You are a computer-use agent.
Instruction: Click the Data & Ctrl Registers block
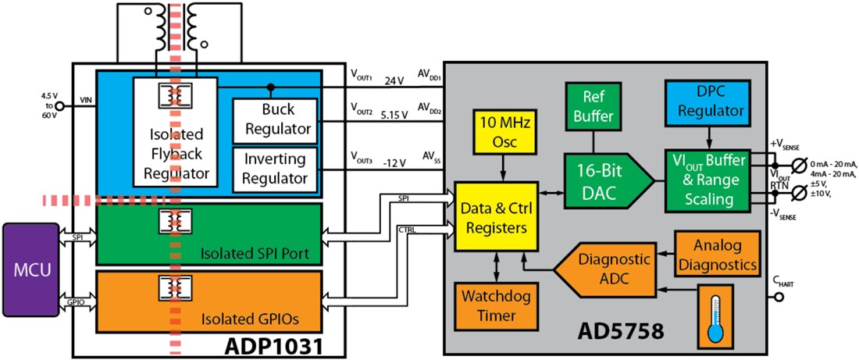point(497,219)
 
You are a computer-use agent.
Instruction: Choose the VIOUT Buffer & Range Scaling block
point(705,180)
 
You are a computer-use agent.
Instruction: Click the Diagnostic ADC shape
point(601,267)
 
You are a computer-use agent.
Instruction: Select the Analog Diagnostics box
point(716,253)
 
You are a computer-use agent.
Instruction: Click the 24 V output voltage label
point(396,80)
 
